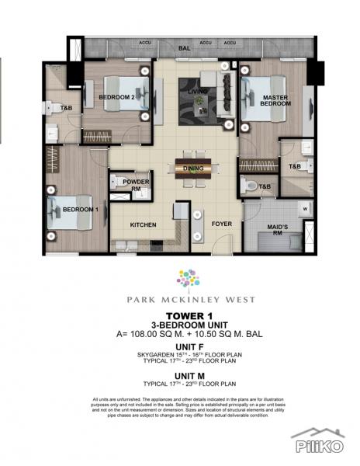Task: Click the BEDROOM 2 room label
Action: tap(117, 97)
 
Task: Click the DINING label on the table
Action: tap(193, 168)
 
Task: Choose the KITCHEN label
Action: tap(144, 225)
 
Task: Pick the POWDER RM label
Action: tap(136, 185)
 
